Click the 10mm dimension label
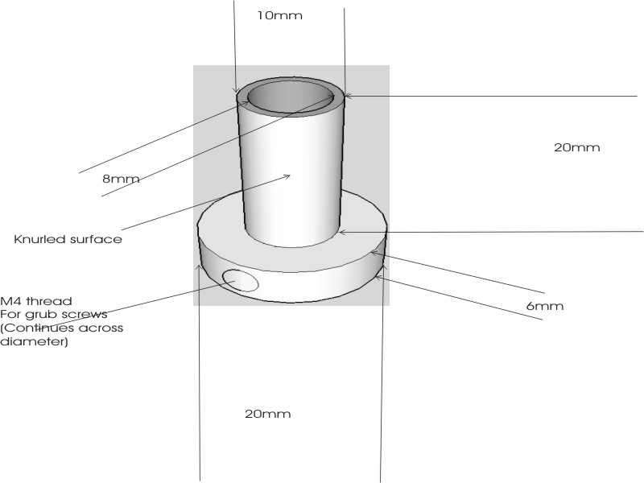coord(279,15)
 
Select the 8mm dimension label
coord(121,179)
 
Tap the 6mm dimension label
coord(545,306)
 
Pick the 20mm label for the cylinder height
coord(576,147)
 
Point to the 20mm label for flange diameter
coord(268,414)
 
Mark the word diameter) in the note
coord(34,341)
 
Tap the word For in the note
coord(10,315)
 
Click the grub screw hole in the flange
coord(240,280)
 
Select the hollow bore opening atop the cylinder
coord(291,97)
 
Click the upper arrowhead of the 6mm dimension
coord(374,253)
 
